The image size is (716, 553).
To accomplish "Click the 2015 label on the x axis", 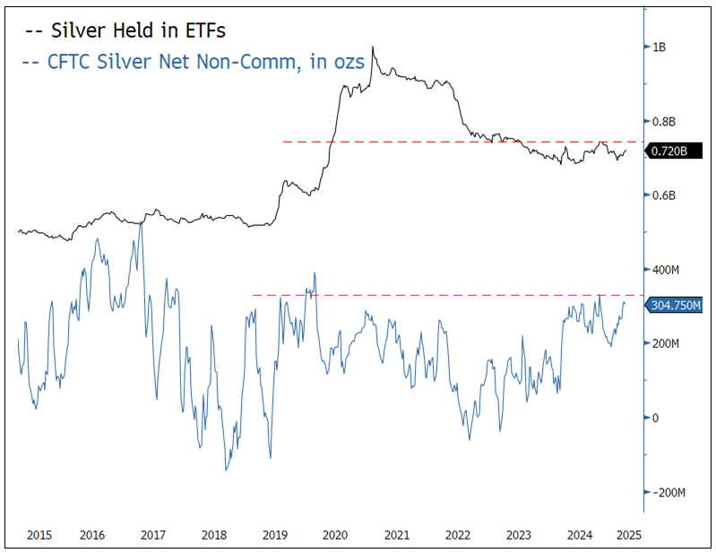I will click(x=39, y=535).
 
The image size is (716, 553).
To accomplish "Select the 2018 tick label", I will click(x=213, y=535).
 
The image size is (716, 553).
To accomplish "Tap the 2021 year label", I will click(x=396, y=535).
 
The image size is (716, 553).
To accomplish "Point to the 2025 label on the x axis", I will click(x=627, y=535).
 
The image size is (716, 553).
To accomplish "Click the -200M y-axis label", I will click(x=669, y=493).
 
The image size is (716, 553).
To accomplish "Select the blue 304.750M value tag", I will click(x=675, y=306).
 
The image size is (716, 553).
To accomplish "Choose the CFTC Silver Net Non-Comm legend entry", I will click(x=193, y=63).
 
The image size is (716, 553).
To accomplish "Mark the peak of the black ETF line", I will click(x=372, y=48).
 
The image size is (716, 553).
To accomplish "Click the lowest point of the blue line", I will click(x=226, y=470).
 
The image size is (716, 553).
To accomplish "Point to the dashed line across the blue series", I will click(x=448, y=295).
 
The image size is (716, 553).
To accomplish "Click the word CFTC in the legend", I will click(x=70, y=63).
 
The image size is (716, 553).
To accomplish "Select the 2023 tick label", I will click(x=518, y=535).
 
